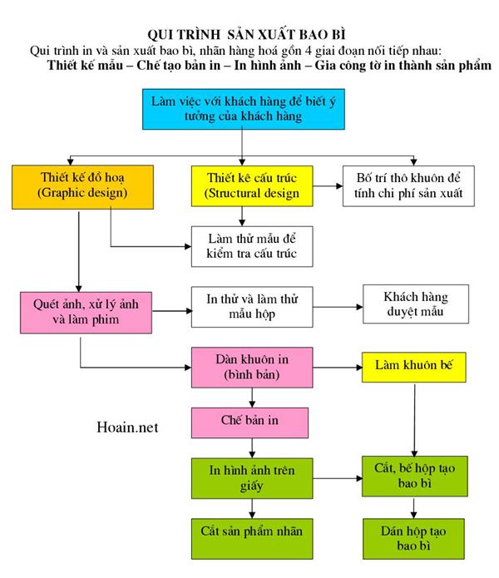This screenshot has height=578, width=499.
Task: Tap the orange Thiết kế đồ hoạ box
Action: coord(71,185)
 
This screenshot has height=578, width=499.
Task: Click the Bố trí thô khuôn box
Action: coord(408,185)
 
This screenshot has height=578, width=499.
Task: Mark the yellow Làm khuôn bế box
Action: coord(413,366)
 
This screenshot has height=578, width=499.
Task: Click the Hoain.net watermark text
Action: coord(126,427)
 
